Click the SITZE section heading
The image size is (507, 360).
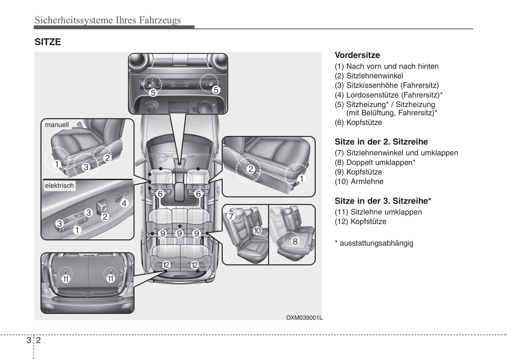[x=48, y=42]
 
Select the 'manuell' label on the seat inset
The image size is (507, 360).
[x=57, y=125]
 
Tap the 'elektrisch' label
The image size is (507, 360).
[x=59, y=186]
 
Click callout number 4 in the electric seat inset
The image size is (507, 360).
[x=124, y=203]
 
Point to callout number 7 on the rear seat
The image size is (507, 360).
[x=231, y=216]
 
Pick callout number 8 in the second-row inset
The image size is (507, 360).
[x=295, y=241]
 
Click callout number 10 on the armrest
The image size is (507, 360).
[x=257, y=231]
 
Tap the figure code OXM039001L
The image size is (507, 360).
[x=304, y=318]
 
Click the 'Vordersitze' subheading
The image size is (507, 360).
[x=357, y=55]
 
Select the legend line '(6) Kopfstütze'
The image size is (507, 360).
[x=358, y=122]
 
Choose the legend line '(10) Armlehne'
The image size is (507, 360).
[x=359, y=181]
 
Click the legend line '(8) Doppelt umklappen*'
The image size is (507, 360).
[x=375, y=162]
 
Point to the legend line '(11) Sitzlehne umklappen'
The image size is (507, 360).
[x=378, y=212]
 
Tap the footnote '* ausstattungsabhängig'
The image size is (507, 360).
[x=374, y=243]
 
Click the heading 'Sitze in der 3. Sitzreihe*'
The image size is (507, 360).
[x=383, y=201]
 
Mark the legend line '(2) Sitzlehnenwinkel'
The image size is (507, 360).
[x=369, y=76]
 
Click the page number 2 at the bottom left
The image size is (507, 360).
[x=38, y=340]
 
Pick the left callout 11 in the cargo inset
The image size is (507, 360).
[x=66, y=279]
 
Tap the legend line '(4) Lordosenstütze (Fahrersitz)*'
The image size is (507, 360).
[x=388, y=95]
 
